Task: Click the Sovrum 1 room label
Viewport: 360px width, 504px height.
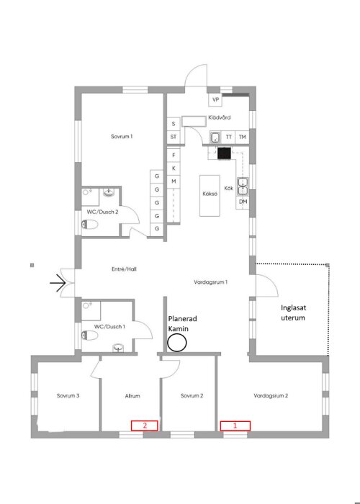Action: coord(122,136)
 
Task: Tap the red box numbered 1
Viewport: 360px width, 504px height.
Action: coord(235,426)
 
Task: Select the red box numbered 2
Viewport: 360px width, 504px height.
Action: coord(145,426)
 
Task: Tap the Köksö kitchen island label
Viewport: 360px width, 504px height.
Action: coord(210,193)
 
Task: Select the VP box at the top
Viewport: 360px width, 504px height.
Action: coord(215,100)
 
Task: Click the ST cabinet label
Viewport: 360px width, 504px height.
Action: coord(174,136)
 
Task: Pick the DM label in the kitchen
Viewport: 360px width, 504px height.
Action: coord(243,202)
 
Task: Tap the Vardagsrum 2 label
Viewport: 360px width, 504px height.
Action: coord(271,396)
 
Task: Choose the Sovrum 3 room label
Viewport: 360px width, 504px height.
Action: coord(68,396)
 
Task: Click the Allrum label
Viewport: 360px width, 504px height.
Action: coord(132,396)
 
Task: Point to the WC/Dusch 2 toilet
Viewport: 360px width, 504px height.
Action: coord(89,225)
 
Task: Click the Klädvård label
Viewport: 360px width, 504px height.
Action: coord(219,117)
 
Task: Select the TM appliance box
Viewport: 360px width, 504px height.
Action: coord(243,136)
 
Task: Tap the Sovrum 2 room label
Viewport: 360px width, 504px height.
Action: coord(192,396)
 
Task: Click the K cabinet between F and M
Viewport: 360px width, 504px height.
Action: coord(174,167)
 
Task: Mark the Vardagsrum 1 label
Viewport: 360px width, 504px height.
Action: coord(211,282)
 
